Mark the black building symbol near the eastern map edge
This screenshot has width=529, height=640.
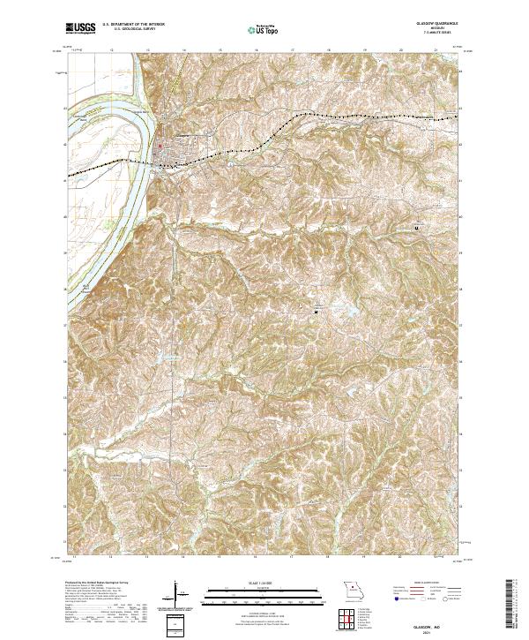(x=416, y=227)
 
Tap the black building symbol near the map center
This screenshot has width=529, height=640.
(x=317, y=310)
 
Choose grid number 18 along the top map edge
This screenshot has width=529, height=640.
(x=328, y=50)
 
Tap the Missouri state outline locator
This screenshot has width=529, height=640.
(x=354, y=589)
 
